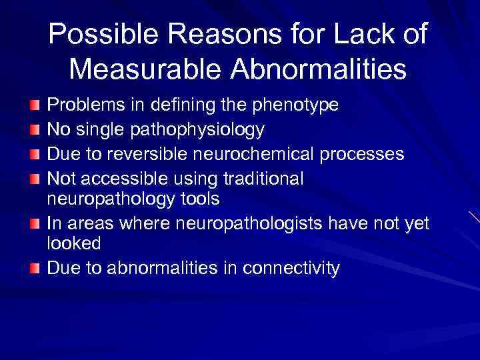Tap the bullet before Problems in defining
click(x=34, y=105)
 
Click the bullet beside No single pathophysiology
click(x=34, y=129)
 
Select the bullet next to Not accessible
click(x=34, y=178)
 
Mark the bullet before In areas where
click(x=34, y=223)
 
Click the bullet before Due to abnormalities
click(x=34, y=268)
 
